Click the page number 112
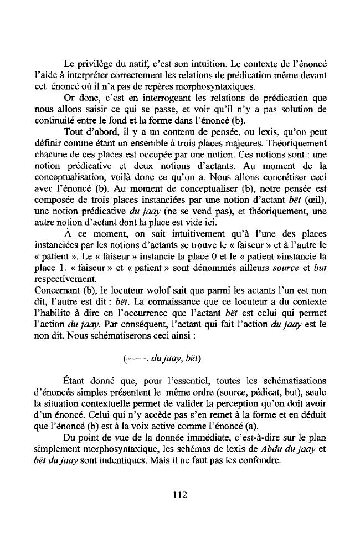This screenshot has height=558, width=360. pos(180,495)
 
